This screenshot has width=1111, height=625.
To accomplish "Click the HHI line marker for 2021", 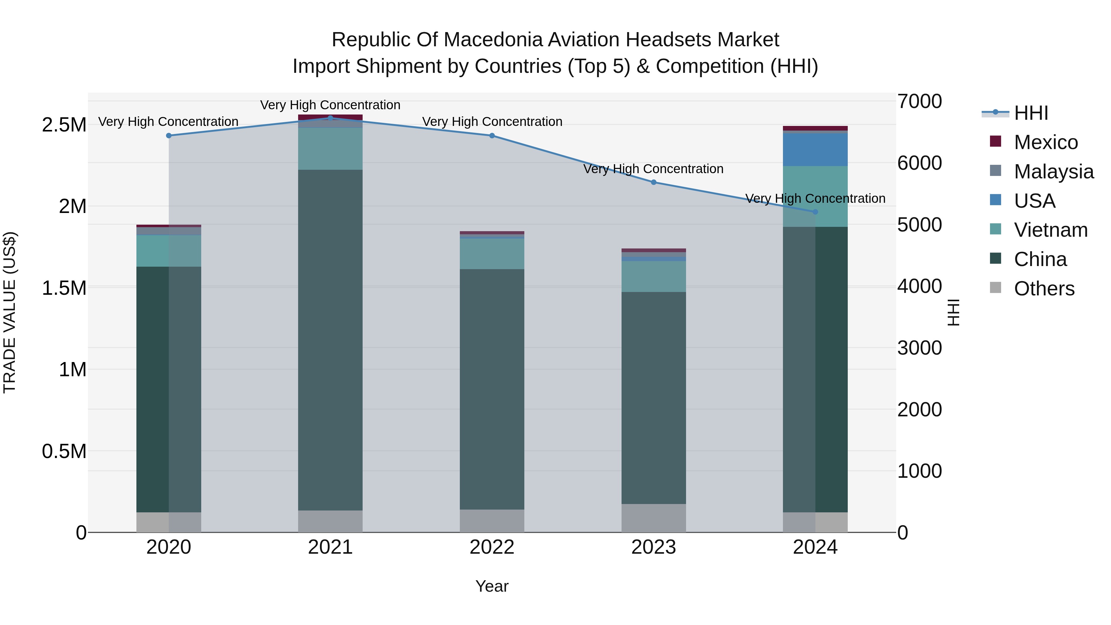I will pyautogui.click(x=330, y=118).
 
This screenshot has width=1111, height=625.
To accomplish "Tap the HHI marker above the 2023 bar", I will pyautogui.click(x=653, y=182).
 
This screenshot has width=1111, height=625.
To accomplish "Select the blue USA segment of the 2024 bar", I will pyautogui.click(x=815, y=150).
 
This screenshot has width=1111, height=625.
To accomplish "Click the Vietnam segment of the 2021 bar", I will pyautogui.click(x=330, y=148).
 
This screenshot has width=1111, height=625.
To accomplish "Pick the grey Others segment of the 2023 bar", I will pyautogui.click(x=653, y=518).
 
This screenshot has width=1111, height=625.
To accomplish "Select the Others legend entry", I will pyautogui.click(x=1043, y=289).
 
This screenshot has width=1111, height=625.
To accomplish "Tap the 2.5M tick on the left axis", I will pyautogui.click(x=64, y=125).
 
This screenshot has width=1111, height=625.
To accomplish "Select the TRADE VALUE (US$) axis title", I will pyautogui.click(x=10, y=312).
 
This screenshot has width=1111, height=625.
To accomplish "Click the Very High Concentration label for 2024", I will pyautogui.click(x=815, y=198).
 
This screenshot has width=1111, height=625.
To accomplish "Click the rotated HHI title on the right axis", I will pyautogui.click(x=953, y=312).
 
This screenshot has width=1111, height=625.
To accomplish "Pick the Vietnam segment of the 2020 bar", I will pyautogui.click(x=169, y=251).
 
